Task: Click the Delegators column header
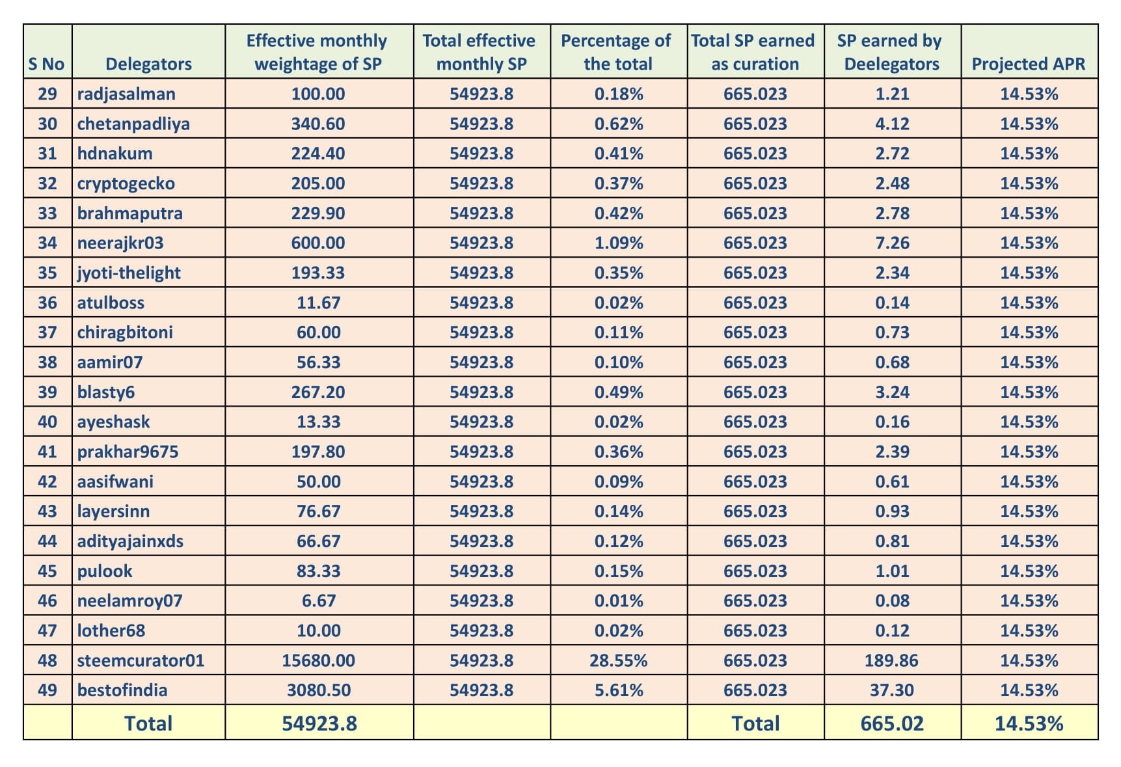tap(148, 64)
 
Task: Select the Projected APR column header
tap(1029, 64)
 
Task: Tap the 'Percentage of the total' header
tap(616, 52)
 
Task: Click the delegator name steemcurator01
tap(141, 660)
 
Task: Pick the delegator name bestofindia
tap(122, 690)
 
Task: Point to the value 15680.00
tap(318, 660)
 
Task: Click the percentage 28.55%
tap(618, 660)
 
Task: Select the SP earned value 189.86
tap(891, 660)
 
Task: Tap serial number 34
tap(47, 243)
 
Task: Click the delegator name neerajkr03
tap(120, 243)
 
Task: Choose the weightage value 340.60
tap(318, 124)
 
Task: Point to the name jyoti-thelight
tap(129, 273)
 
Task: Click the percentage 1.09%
tap(618, 243)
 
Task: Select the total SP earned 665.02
tap(891, 723)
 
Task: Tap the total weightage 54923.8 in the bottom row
tap(319, 723)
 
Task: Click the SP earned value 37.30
tap(891, 690)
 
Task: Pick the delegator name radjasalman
tap(126, 94)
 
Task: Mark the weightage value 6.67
tap(319, 600)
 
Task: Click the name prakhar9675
tap(128, 452)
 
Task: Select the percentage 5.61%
tap(618, 690)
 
